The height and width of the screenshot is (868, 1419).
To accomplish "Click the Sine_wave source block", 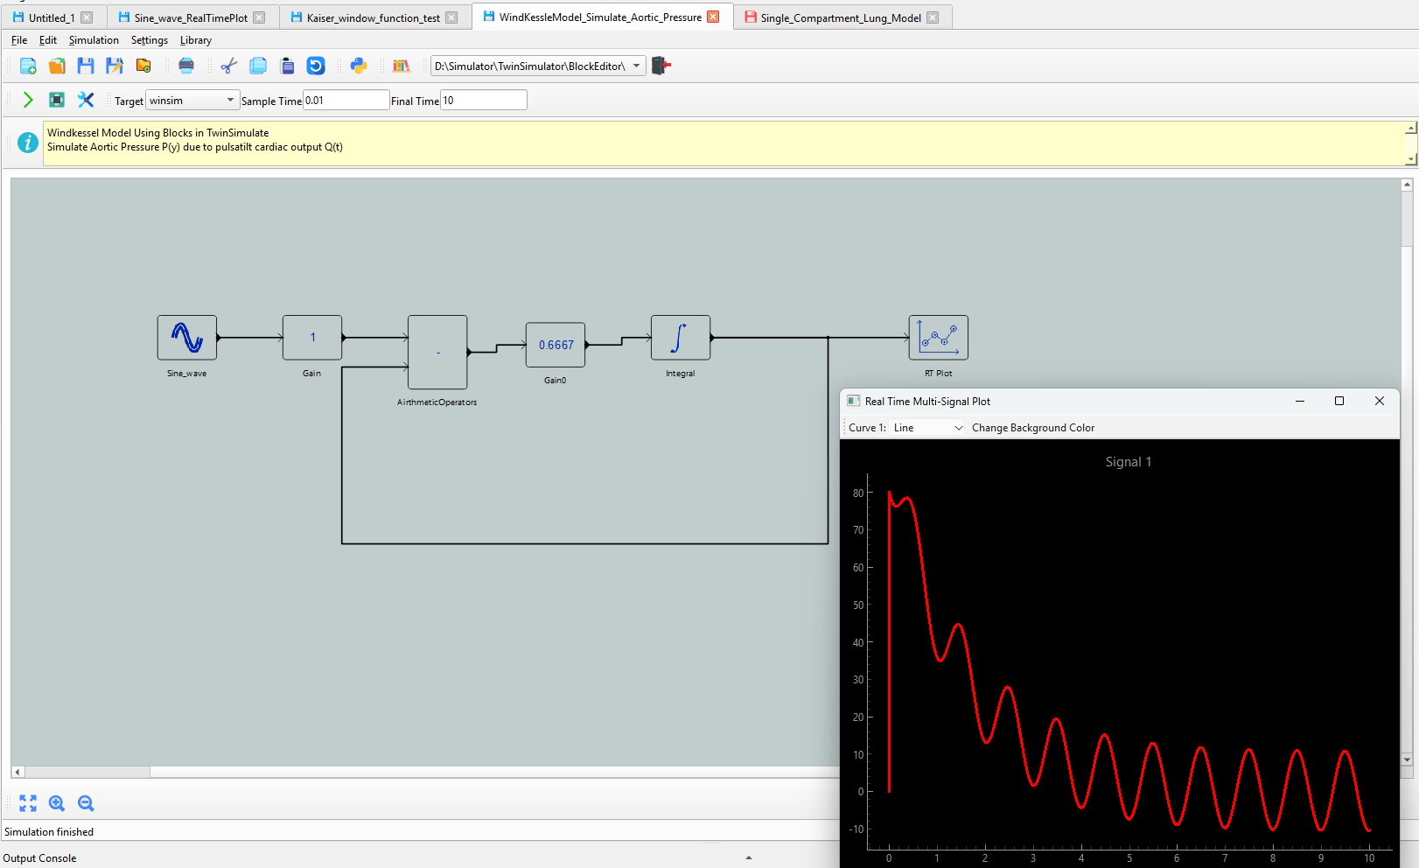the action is click(x=187, y=337).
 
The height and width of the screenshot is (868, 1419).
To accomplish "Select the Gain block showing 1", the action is click(x=312, y=337).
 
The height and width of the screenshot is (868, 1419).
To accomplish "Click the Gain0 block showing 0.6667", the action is click(x=556, y=345).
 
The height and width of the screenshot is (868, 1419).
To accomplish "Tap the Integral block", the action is click(x=681, y=337).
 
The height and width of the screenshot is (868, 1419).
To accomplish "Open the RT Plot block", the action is click(x=938, y=337).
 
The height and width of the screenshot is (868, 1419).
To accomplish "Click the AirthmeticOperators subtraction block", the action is click(x=437, y=353).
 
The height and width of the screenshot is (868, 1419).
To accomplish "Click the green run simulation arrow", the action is click(x=28, y=100).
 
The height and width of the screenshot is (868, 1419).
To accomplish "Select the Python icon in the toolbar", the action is click(x=359, y=66).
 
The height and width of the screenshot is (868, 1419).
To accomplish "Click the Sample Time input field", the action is click(x=346, y=100).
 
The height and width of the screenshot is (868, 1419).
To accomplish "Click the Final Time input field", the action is click(x=483, y=100).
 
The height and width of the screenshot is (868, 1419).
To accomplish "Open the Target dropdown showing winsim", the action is click(x=192, y=100).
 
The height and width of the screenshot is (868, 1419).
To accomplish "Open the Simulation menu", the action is click(x=94, y=40).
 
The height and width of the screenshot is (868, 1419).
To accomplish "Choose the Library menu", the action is click(x=196, y=40).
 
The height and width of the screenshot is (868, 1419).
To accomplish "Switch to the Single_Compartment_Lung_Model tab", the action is click(x=841, y=17).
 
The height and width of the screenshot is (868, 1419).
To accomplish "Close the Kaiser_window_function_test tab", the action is click(x=451, y=17).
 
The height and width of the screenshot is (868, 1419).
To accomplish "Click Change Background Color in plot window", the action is click(x=1033, y=428).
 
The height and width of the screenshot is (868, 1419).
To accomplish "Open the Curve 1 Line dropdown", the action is click(x=926, y=428).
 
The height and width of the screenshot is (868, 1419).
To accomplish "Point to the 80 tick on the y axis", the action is click(x=858, y=493).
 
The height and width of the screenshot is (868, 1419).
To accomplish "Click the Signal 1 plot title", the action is click(x=1129, y=462).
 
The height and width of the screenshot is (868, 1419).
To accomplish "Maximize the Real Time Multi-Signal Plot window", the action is click(x=1339, y=401).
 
